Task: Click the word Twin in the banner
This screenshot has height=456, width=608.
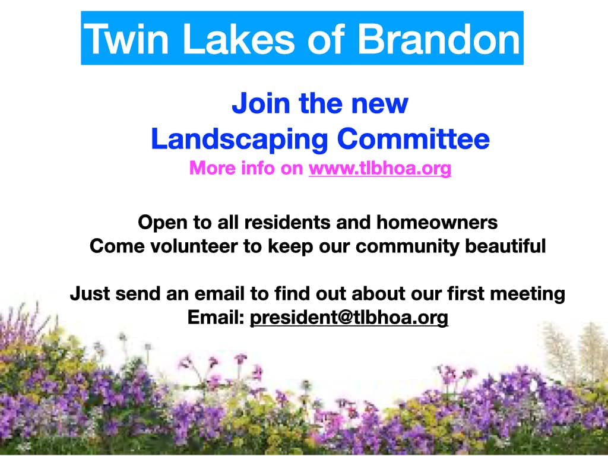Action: coord(126,39)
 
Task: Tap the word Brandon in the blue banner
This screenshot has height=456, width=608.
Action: coord(439,39)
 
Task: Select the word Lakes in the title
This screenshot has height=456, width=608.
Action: coord(239,39)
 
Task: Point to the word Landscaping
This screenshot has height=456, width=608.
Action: coord(240,140)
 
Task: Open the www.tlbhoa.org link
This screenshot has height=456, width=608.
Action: coord(380,169)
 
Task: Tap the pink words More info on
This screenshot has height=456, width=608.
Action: coord(246,168)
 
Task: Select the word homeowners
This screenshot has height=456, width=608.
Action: coord(437,223)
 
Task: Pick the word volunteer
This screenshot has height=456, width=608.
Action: coord(194,246)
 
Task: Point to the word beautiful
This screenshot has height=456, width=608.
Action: coord(505,246)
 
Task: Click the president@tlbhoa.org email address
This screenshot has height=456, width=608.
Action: coord(349,318)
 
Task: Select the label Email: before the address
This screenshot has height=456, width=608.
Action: coord(216,317)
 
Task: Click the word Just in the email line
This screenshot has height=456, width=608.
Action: coord(90,293)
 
